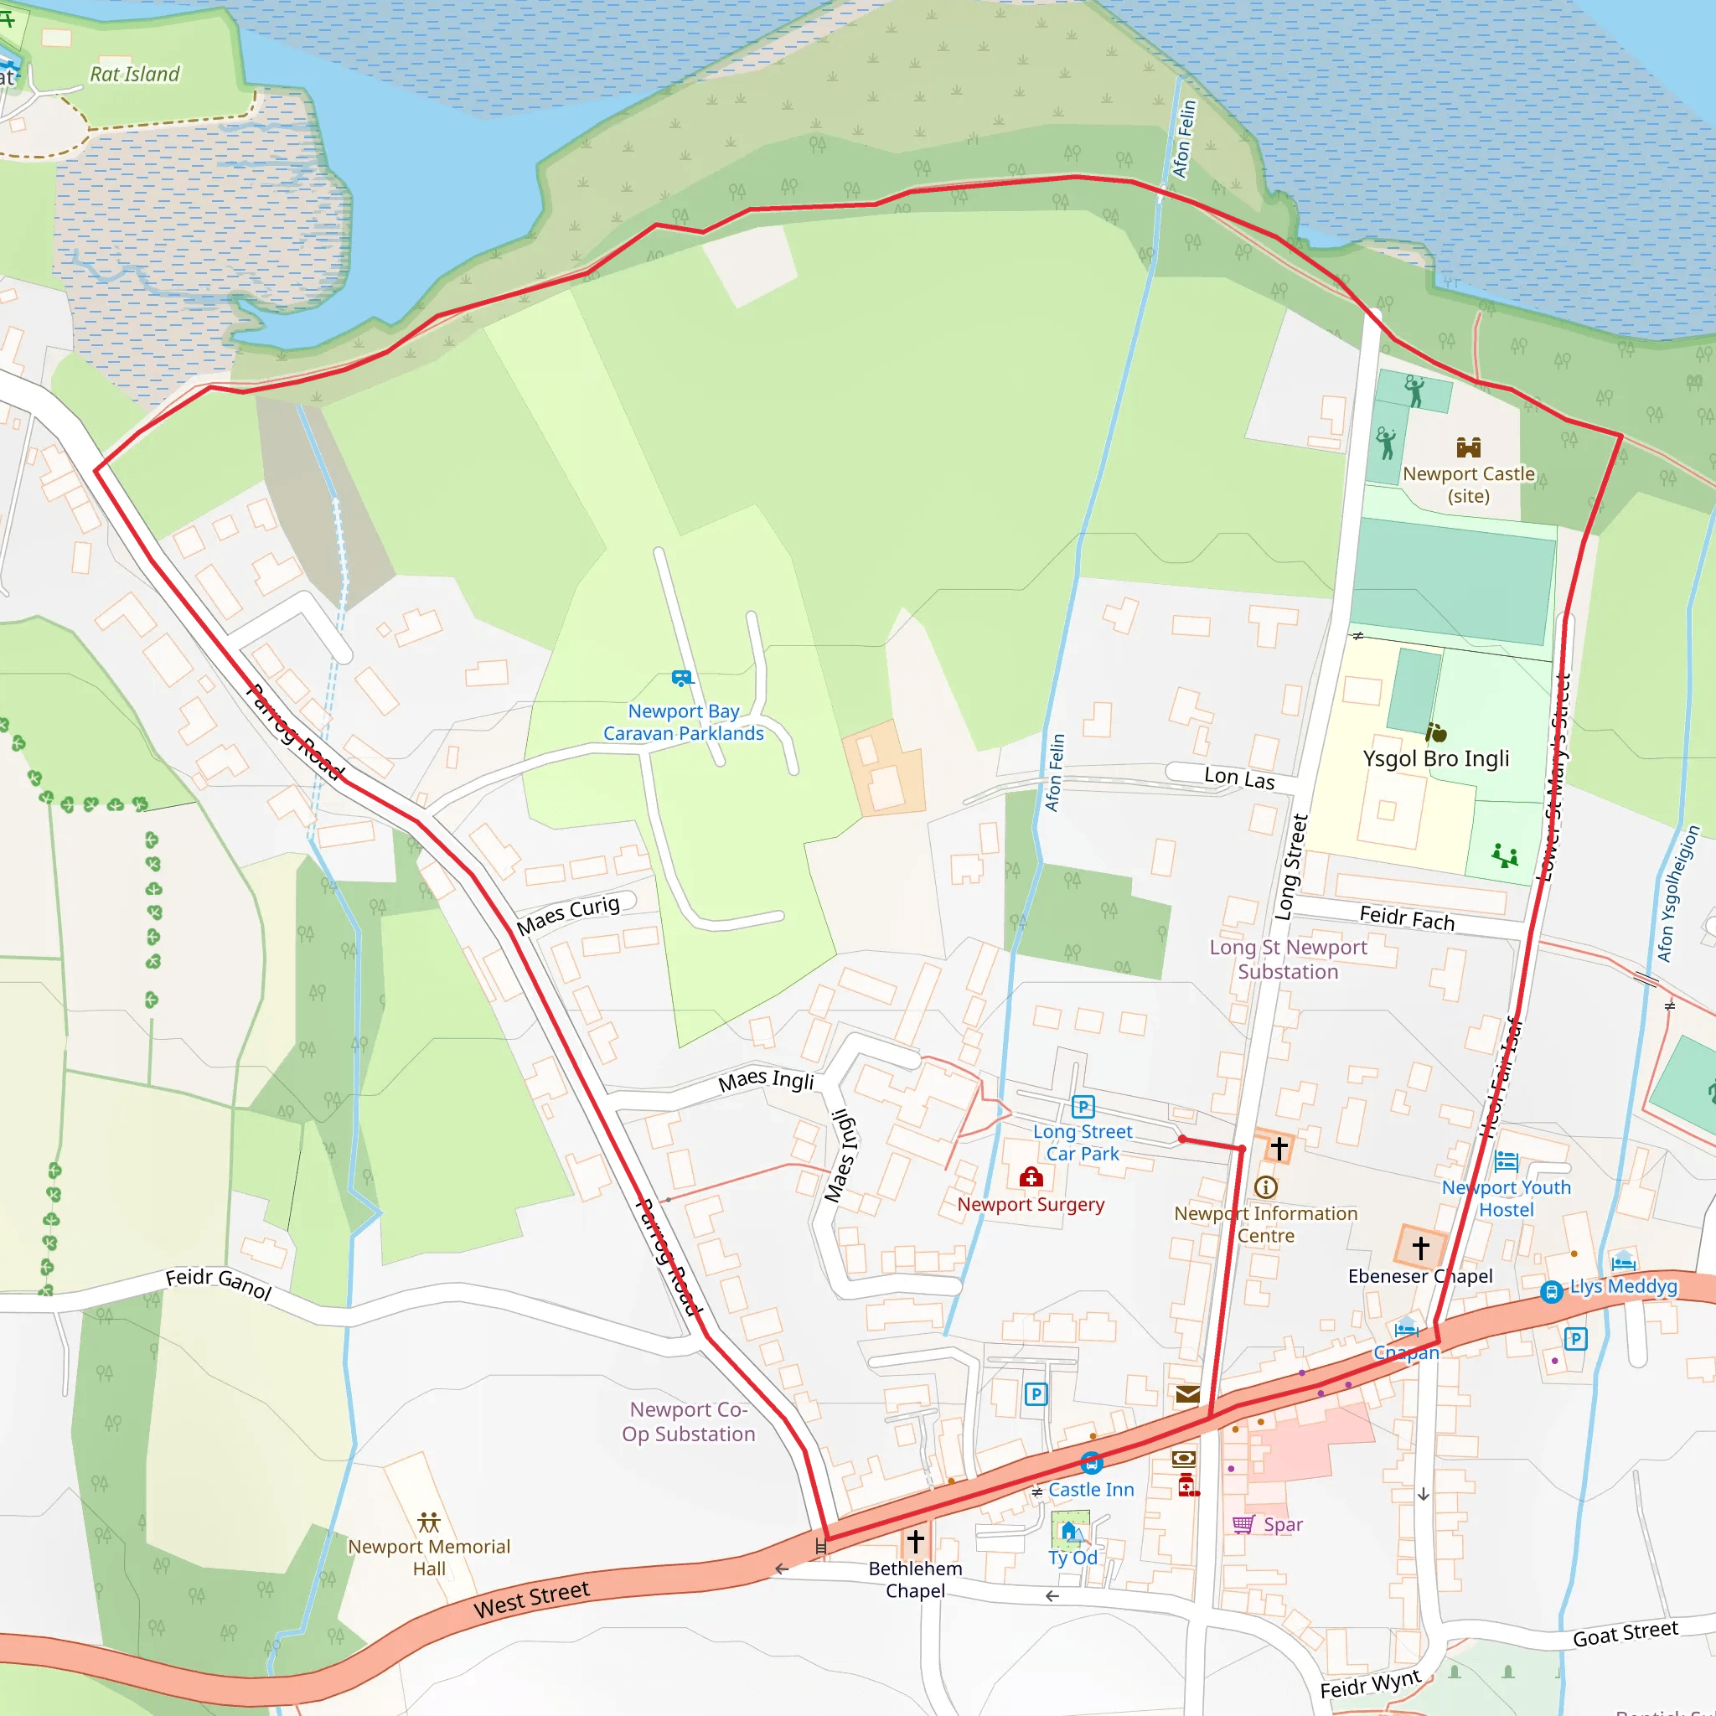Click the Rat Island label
click(x=134, y=75)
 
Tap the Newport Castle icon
click(x=1468, y=447)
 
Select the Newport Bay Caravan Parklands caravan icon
click(x=681, y=679)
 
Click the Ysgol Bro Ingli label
click(x=1435, y=758)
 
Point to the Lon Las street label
click(x=1239, y=778)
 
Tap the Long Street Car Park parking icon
click(x=1083, y=1107)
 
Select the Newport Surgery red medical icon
click(x=1031, y=1178)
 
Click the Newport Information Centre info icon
click(x=1266, y=1187)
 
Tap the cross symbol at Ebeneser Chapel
click(x=1420, y=1248)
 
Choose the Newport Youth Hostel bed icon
click(x=1507, y=1160)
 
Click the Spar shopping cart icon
click(x=1243, y=1524)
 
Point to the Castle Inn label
click(x=1091, y=1490)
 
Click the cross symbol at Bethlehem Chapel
click(x=916, y=1540)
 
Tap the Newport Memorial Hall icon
click(x=429, y=1522)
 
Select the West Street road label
click(x=531, y=1600)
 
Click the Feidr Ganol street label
click(x=219, y=1284)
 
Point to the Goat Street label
click(x=1626, y=1632)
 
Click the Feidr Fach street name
click(x=1407, y=918)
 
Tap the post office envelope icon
click(x=1187, y=1394)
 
